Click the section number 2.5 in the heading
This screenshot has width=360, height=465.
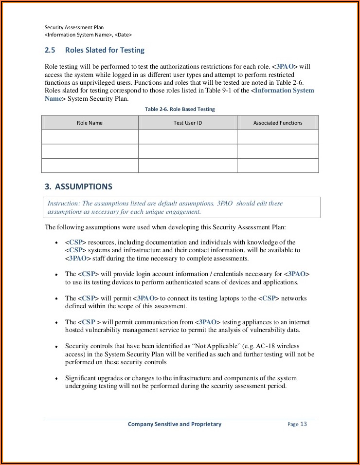[x=50, y=50]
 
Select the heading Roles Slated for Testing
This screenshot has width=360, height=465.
[x=111, y=50]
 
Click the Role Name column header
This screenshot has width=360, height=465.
[x=90, y=123]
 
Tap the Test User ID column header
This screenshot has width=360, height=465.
[x=187, y=123]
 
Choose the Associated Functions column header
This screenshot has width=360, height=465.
[x=278, y=123]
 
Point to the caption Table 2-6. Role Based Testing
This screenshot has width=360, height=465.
[x=180, y=109]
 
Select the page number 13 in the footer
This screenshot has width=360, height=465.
[x=303, y=424]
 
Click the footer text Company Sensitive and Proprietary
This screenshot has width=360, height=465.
[x=174, y=424]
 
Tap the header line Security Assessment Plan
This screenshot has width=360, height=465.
[x=74, y=28]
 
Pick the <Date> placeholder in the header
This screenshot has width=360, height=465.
[x=123, y=35]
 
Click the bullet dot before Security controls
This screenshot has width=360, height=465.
[x=57, y=347]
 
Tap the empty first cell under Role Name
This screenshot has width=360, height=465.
[x=90, y=137]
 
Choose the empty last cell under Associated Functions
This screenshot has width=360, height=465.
[x=278, y=166]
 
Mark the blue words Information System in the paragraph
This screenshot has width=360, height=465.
[x=284, y=91]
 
